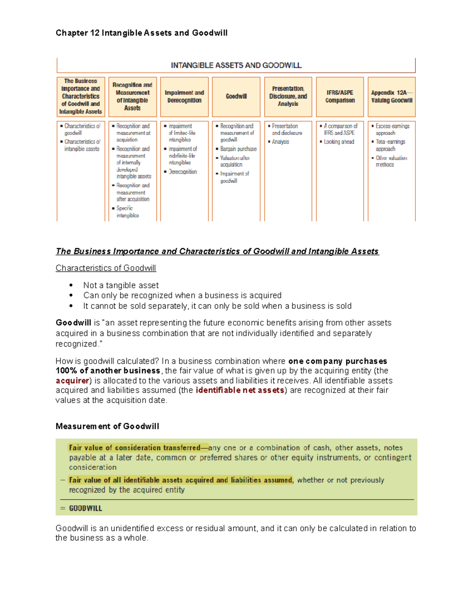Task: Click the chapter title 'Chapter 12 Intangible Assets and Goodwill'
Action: pyautogui.click(x=142, y=33)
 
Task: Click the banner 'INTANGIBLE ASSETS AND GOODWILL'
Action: pyautogui.click(x=236, y=66)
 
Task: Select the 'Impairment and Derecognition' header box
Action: pyautogui.click(x=184, y=97)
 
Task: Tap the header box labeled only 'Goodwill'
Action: pyautogui.click(x=236, y=97)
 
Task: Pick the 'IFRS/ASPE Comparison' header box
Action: pyautogui.click(x=340, y=97)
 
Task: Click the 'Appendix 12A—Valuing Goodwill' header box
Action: pyautogui.click(x=391, y=97)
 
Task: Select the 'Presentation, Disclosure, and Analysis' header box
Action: pyautogui.click(x=288, y=97)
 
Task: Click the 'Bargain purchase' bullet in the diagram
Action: pyautogui.click(x=238, y=149)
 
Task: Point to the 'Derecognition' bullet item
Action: pyautogui.click(x=182, y=172)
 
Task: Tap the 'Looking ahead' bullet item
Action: pyautogui.click(x=339, y=142)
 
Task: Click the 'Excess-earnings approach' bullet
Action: pyautogui.click(x=392, y=129)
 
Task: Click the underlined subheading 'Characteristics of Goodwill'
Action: pyautogui.click(x=106, y=268)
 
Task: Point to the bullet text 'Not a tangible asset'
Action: pyautogui.click(x=121, y=285)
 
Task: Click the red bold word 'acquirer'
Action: pyautogui.click(x=72, y=381)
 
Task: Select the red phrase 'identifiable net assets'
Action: pyautogui.click(x=240, y=390)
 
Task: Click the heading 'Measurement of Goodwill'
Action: pyautogui.click(x=107, y=426)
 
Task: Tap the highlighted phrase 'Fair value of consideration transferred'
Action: pyautogui.click(x=135, y=448)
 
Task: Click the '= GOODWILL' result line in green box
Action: pyautogui.click(x=85, y=508)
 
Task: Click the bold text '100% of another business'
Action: pyautogui.click(x=108, y=371)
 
